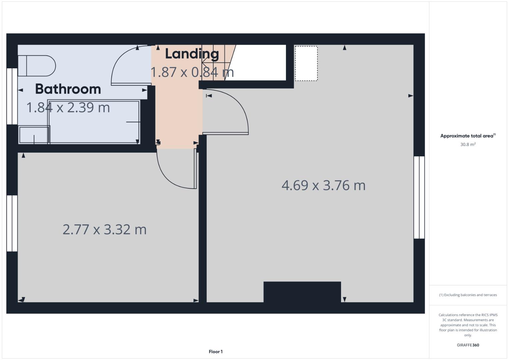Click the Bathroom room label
click(x=68, y=89)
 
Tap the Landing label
click(x=192, y=54)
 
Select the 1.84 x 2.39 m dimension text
click(x=68, y=108)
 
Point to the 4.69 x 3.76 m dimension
click(x=323, y=185)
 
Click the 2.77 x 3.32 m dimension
click(x=104, y=230)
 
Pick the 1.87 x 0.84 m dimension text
click(x=192, y=72)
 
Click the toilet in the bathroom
click(x=37, y=66)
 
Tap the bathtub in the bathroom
click(x=94, y=122)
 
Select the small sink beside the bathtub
click(x=34, y=135)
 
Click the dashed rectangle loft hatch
click(x=306, y=63)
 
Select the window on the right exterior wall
click(x=419, y=197)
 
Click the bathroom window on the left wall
click(x=12, y=96)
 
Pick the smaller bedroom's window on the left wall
click(x=12, y=223)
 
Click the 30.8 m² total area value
click(x=468, y=144)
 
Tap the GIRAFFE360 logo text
click(x=468, y=345)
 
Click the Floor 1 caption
click(x=216, y=352)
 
